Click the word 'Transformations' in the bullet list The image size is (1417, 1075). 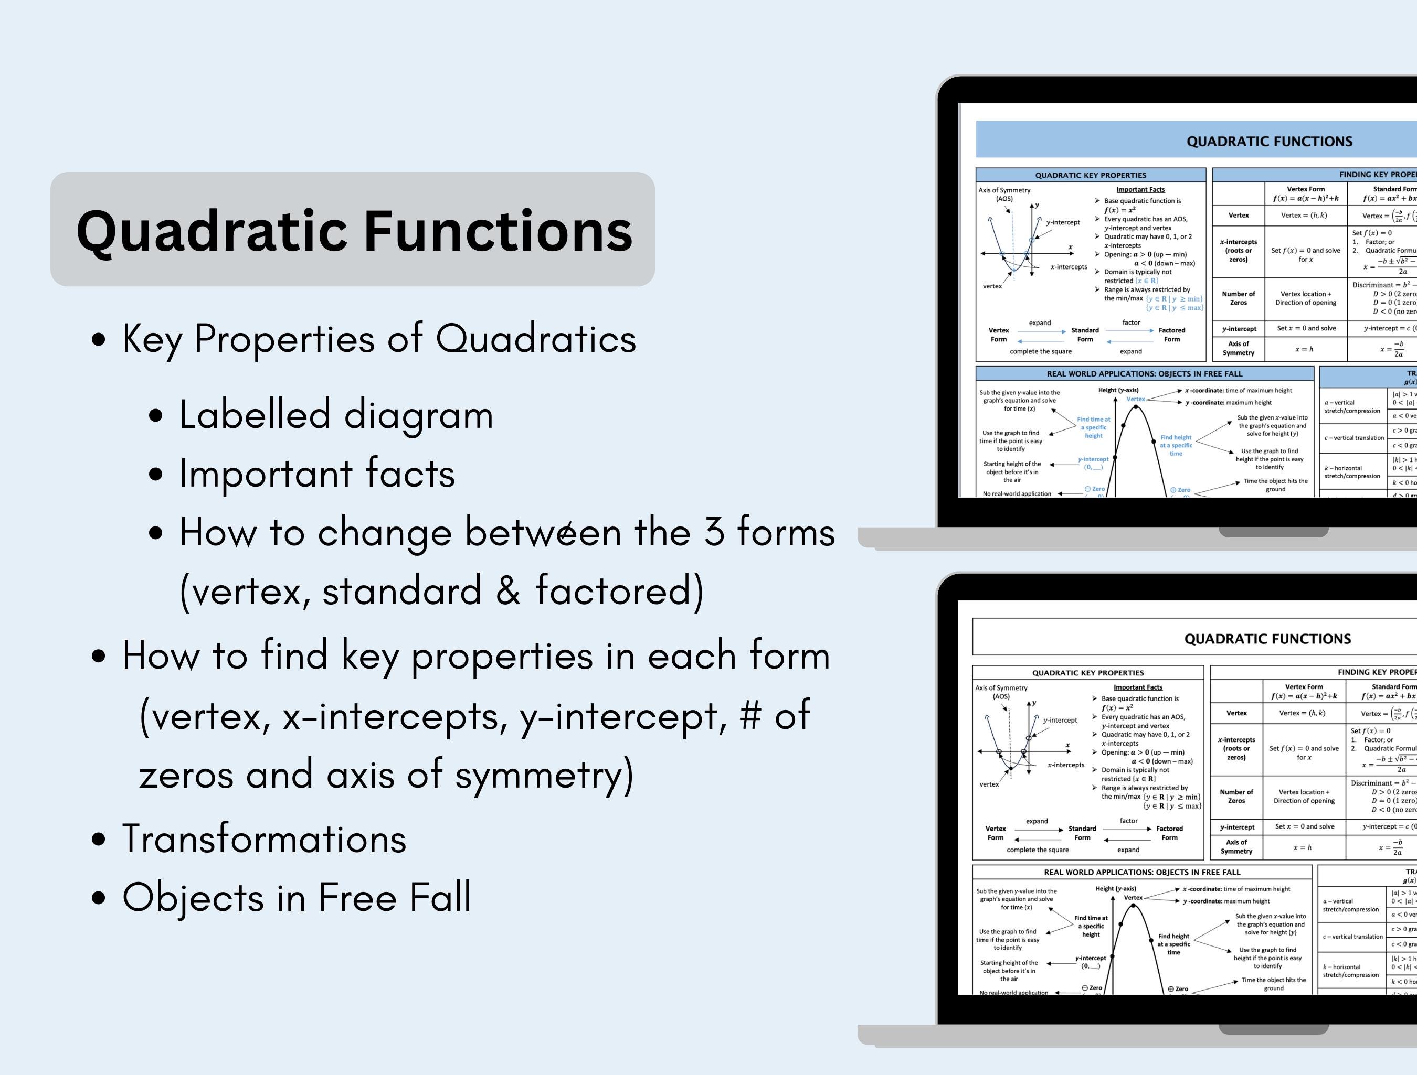click(264, 840)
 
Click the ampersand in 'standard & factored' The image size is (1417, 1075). click(508, 590)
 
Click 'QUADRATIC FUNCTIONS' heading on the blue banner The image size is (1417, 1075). click(1269, 142)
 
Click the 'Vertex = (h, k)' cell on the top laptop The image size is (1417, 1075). click(1304, 215)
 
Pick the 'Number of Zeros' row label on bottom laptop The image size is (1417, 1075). click(1236, 797)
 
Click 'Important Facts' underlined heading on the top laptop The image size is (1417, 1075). click(1140, 189)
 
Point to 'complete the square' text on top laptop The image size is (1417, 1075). click(1040, 351)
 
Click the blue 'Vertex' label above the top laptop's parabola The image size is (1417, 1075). click(1135, 399)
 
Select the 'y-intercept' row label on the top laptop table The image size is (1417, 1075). click(1238, 328)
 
